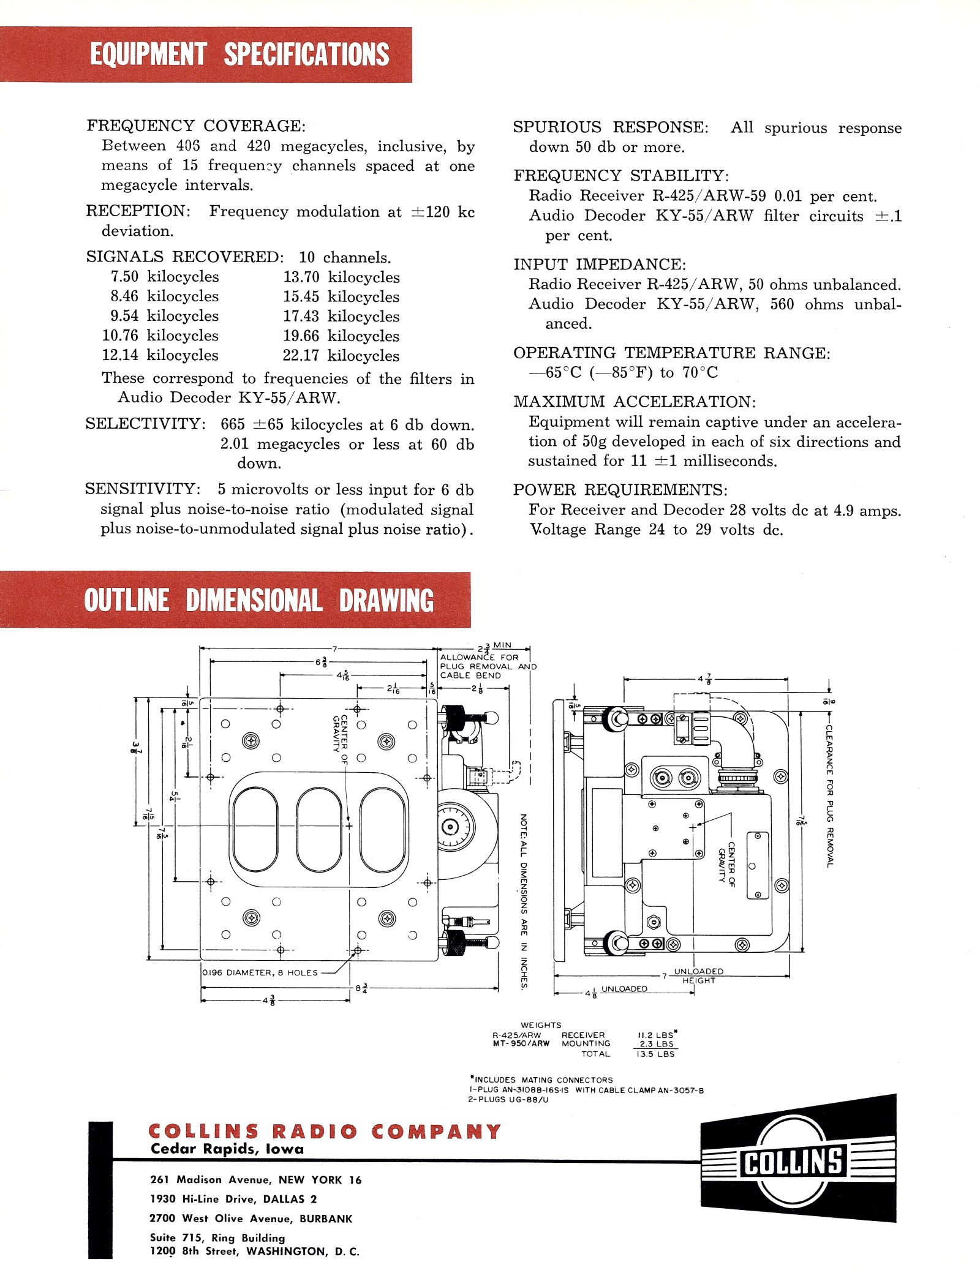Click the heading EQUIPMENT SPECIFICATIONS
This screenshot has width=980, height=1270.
tap(239, 54)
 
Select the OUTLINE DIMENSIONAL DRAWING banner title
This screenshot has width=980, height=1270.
tap(258, 600)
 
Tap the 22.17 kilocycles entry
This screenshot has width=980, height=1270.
tap(341, 355)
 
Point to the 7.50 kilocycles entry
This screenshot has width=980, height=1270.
tap(165, 277)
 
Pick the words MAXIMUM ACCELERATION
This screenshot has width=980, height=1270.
tap(635, 402)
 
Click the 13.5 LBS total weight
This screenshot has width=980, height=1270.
tap(655, 1054)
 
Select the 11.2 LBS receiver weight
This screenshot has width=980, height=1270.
tap(656, 1035)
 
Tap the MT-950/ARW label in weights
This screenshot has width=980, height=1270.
tap(521, 1043)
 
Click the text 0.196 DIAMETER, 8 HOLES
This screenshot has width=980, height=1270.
tap(260, 972)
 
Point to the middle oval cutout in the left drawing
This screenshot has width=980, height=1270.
tap(318, 830)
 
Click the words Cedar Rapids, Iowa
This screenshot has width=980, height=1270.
tap(227, 1149)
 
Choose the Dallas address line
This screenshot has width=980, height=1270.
tap(233, 1199)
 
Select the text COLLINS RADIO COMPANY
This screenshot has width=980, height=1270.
tap(325, 1131)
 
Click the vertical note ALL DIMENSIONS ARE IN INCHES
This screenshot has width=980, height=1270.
tap(524, 900)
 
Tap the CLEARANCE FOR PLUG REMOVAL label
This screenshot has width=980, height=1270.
tap(829, 796)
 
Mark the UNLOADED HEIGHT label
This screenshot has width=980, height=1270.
tap(698, 975)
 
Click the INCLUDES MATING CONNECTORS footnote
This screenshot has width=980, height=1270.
tap(541, 1080)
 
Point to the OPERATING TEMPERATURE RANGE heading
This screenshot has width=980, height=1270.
tap(671, 353)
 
